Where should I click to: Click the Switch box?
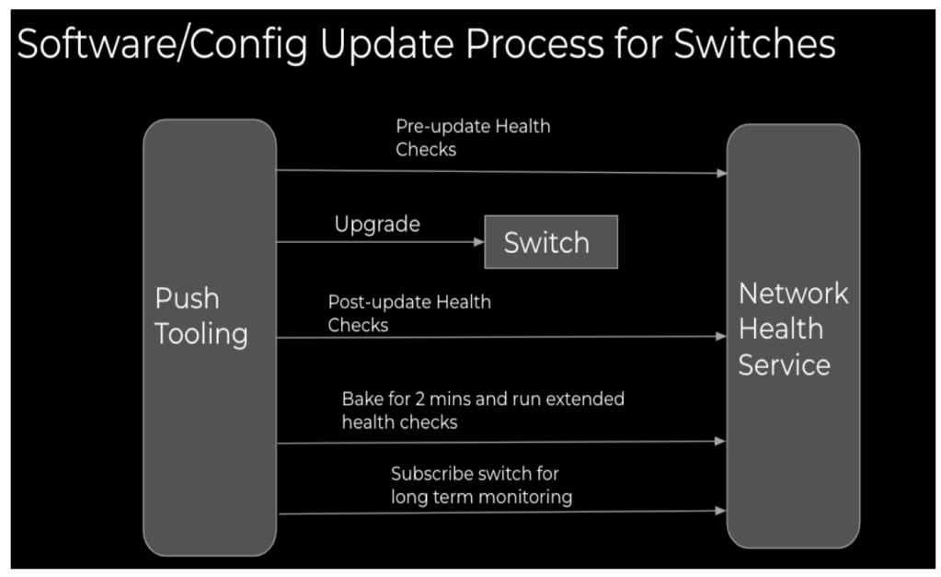[x=551, y=242]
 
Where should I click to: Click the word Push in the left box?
[x=187, y=298]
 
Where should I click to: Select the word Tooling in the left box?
[x=201, y=334]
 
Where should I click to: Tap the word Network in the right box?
[x=794, y=294]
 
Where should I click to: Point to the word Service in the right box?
[x=785, y=365]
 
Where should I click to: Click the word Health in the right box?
[x=781, y=329]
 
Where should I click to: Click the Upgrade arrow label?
[x=377, y=225]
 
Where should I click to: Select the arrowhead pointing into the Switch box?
[x=479, y=242]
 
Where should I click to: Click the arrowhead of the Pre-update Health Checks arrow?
[x=721, y=174]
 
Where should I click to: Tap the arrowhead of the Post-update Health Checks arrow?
[x=721, y=336]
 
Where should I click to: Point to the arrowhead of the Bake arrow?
[x=720, y=442]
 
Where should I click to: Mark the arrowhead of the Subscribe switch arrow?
[x=720, y=511]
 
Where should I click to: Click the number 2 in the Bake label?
[x=420, y=398]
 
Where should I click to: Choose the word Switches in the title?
[x=754, y=44]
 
